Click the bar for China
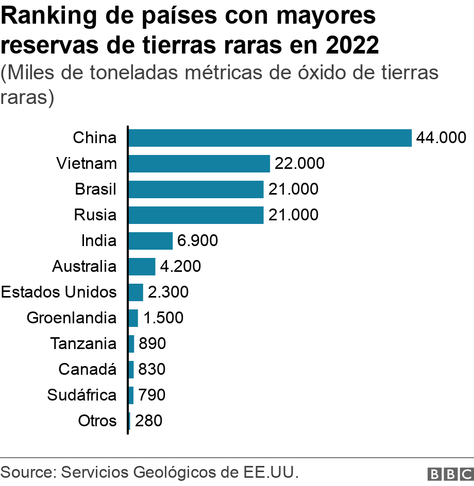click(269, 138)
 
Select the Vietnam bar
click(199, 164)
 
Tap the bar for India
click(150, 241)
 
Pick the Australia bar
click(141, 267)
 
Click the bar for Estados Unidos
click(136, 292)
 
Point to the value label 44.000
click(441, 138)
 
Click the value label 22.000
click(299, 164)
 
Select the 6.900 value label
click(197, 241)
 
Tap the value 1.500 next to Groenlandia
click(163, 318)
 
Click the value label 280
click(148, 421)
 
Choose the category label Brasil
click(95, 189)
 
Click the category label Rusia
click(95, 215)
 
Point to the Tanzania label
click(83, 344)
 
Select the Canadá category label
click(87, 370)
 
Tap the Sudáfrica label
click(81, 395)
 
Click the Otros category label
click(97, 421)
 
